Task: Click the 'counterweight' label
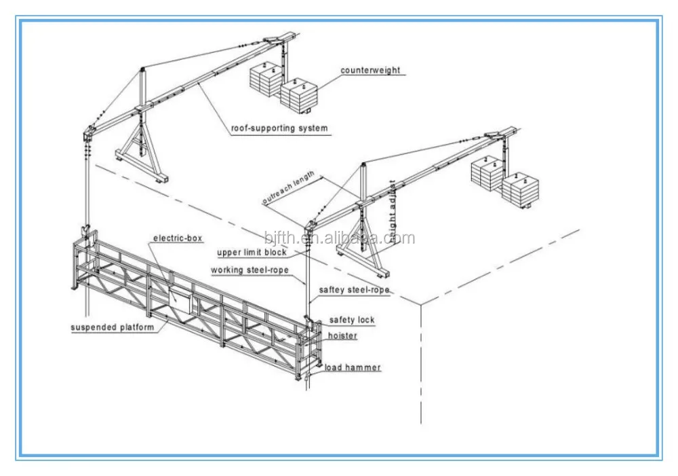pyautogui.click(x=370, y=70)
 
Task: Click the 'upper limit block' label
pyautogui.click(x=252, y=253)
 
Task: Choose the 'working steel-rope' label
pyautogui.click(x=249, y=270)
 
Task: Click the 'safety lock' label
pyautogui.click(x=352, y=320)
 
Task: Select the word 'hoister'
pyautogui.click(x=342, y=335)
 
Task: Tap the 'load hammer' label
pyautogui.click(x=352, y=368)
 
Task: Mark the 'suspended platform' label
pyautogui.click(x=113, y=327)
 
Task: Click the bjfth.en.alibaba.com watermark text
pyautogui.click(x=340, y=238)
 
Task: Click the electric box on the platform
pyautogui.click(x=181, y=299)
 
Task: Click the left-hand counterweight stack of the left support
pyautogui.click(x=264, y=81)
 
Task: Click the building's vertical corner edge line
pyautogui.click(x=420, y=360)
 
